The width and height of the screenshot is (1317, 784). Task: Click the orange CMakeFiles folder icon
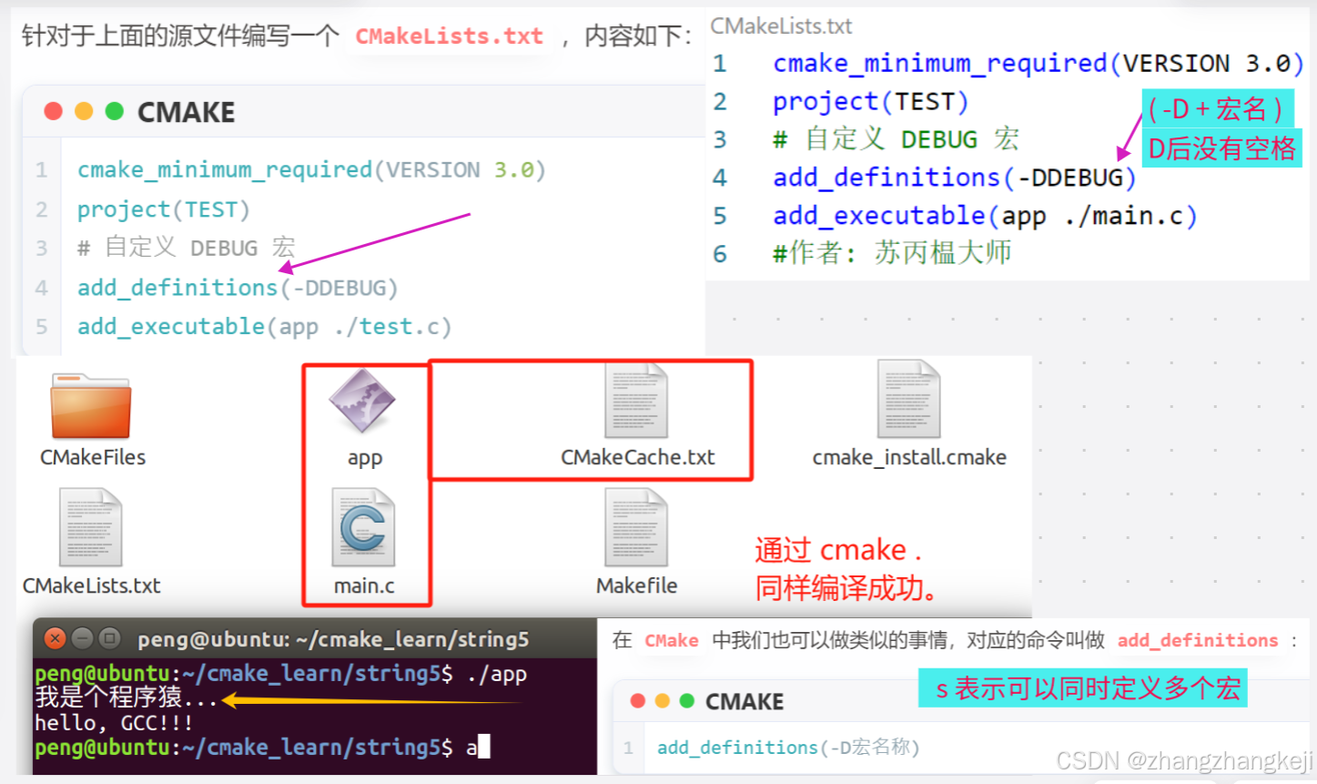[x=91, y=406]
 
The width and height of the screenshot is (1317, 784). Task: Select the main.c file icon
[x=363, y=527]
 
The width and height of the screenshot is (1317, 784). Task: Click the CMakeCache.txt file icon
[x=636, y=401]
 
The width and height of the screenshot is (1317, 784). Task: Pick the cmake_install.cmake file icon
[x=908, y=401]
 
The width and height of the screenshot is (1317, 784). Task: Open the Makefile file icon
[x=636, y=527]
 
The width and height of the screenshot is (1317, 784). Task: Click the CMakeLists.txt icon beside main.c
[x=90, y=527]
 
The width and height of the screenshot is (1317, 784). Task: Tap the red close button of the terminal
[x=55, y=638]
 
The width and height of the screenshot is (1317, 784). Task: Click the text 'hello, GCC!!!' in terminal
[x=114, y=723]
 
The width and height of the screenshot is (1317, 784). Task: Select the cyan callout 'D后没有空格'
[x=1221, y=148]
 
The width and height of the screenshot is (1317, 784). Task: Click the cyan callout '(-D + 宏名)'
[x=1216, y=109]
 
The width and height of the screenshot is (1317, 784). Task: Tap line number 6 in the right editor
[x=720, y=254]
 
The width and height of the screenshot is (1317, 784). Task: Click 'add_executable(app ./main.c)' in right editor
[x=985, y=216]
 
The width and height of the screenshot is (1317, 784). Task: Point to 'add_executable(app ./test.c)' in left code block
[x=264, y=326]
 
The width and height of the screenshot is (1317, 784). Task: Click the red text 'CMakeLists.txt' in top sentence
[x=449, y=36]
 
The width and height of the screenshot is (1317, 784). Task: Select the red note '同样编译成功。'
[x=846, y=588]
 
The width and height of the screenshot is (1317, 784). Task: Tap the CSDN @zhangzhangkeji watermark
[x=1183, y=760]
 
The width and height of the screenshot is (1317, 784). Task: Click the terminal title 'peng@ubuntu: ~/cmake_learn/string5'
[x=333, y=639]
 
